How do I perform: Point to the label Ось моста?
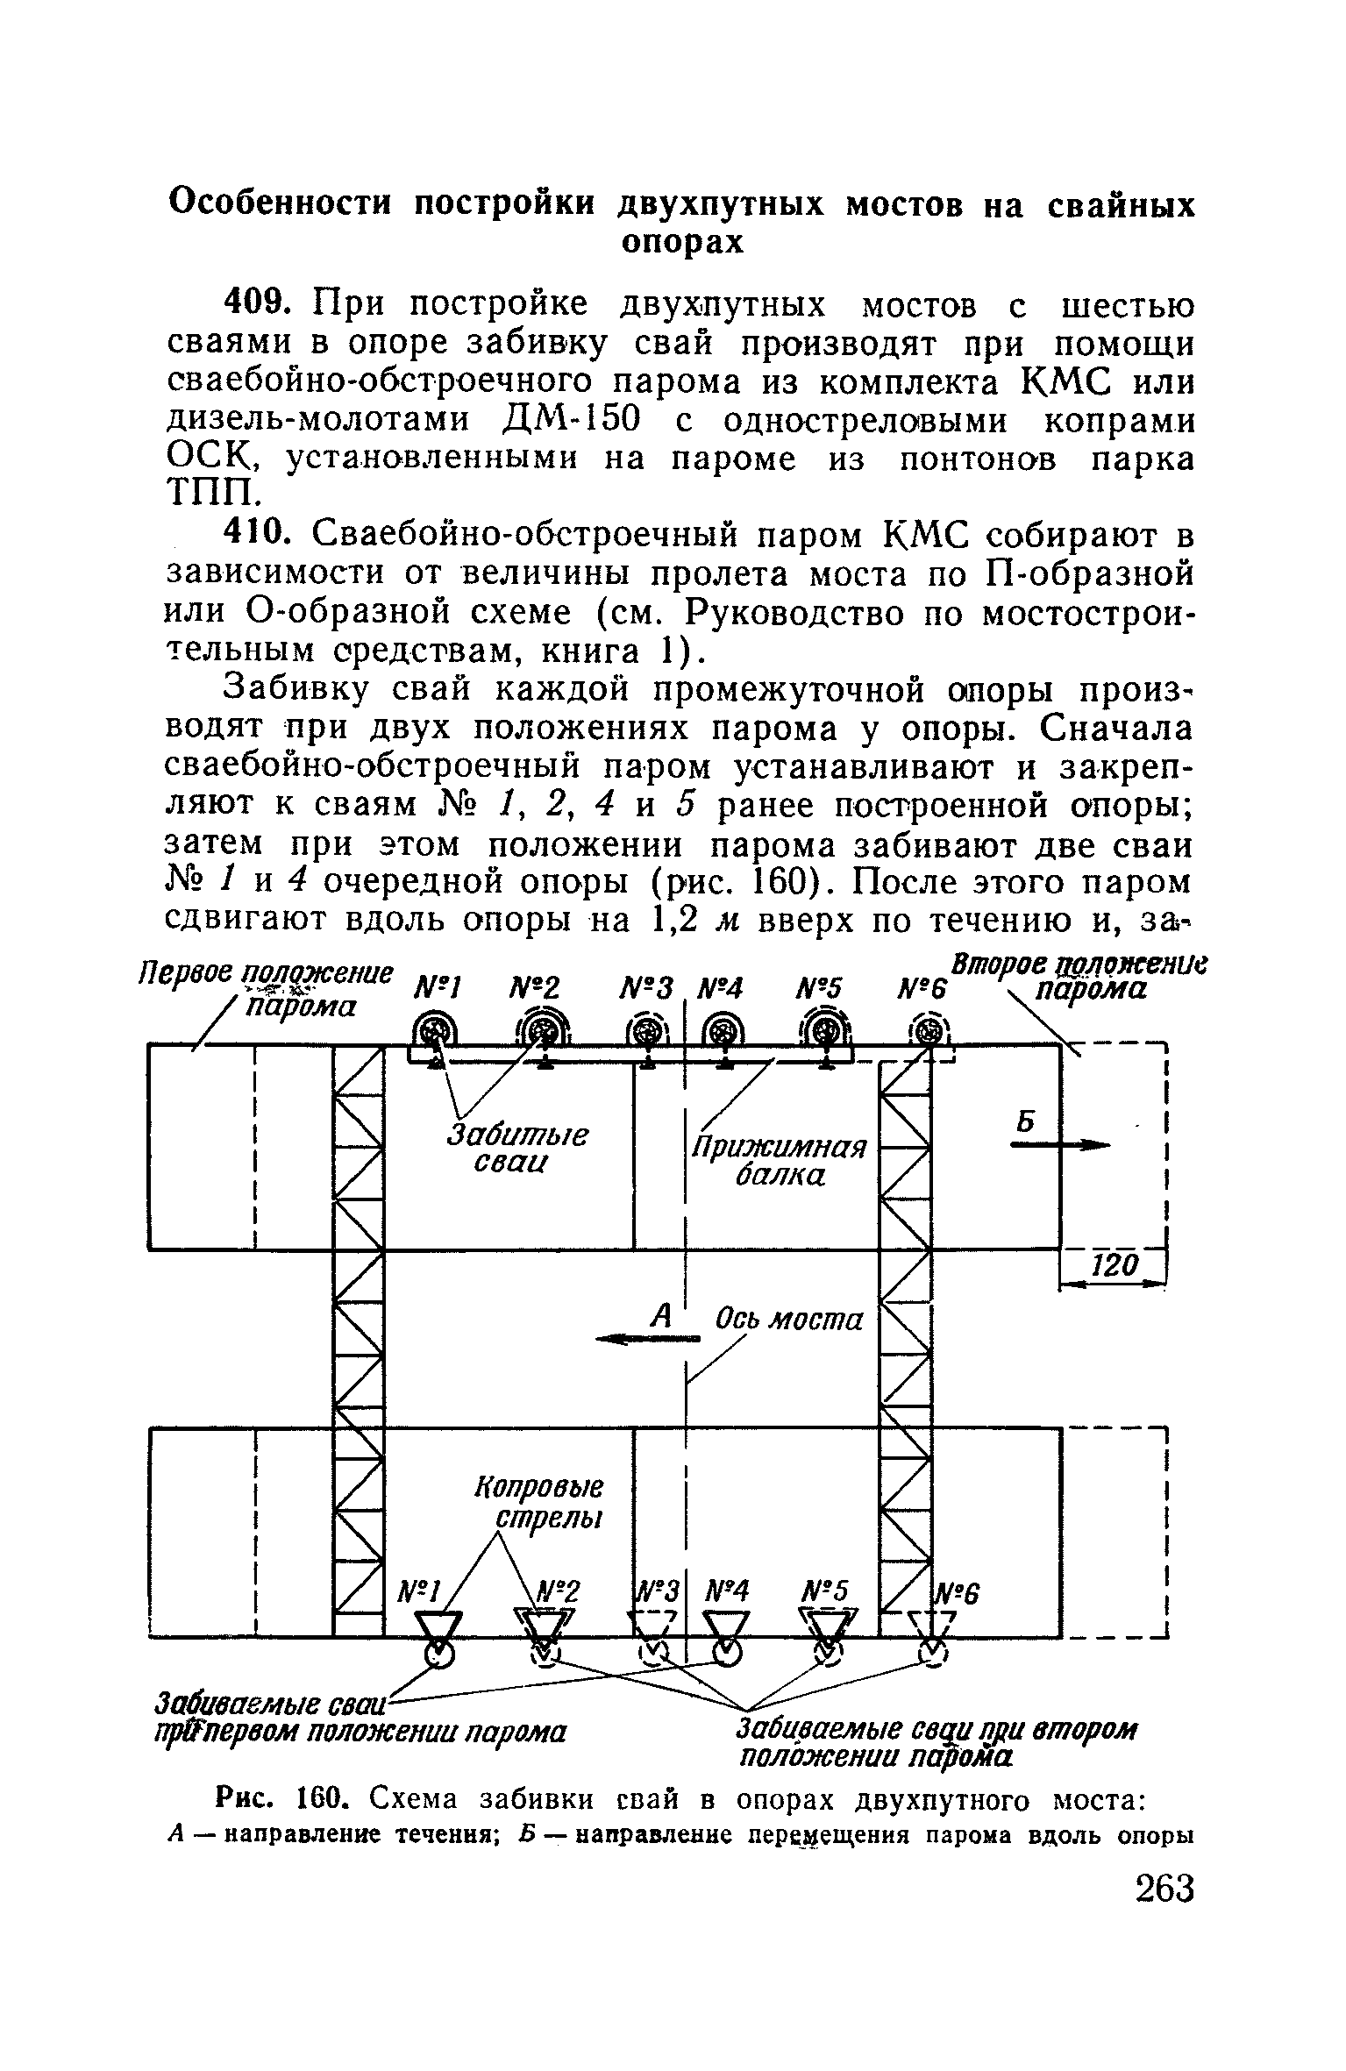tap(789, 1319)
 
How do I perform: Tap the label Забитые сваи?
tap(517, 1148)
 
